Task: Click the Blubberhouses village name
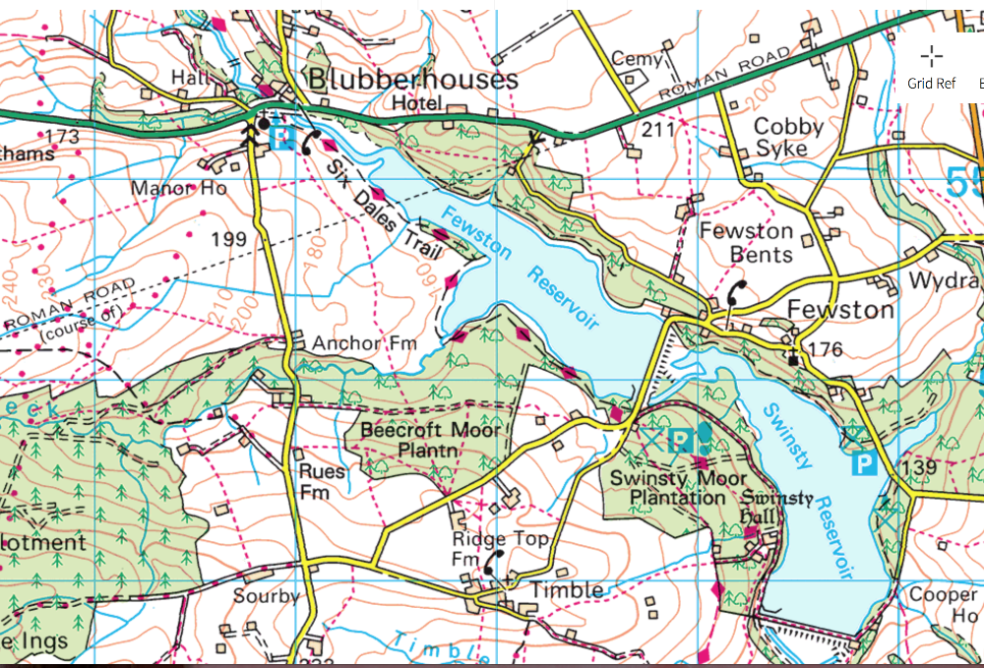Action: pyautogui.click(x=412, y=79)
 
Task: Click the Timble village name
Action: pyautogui.click(x=567, y=589)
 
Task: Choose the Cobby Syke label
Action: pyautogui.click(x=787, y=138)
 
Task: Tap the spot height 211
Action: pyautogui.click(x=658, y=129)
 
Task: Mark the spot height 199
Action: pyautogui.click(x=227, y=238)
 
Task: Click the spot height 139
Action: pyautogui.click(x=919, y=467)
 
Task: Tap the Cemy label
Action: pyautogui.click(x=637, y=59)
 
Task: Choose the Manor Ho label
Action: pyautogui.click(x=179, y=187)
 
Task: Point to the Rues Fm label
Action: pyautogui.click(x=322, y=480)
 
